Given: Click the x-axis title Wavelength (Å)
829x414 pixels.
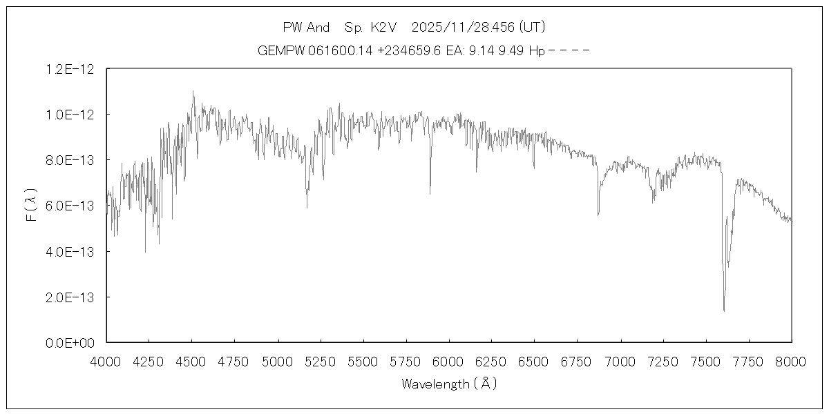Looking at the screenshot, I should point(449,384).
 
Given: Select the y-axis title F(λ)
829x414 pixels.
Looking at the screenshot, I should point(30,206).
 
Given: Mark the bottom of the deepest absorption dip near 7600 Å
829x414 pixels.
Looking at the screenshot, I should point(724,310).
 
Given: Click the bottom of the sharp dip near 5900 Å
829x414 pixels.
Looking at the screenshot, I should point(430,194).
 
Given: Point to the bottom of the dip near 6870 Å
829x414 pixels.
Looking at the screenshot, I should point(598,215).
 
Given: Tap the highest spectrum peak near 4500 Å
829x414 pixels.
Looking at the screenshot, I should point(193,91).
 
